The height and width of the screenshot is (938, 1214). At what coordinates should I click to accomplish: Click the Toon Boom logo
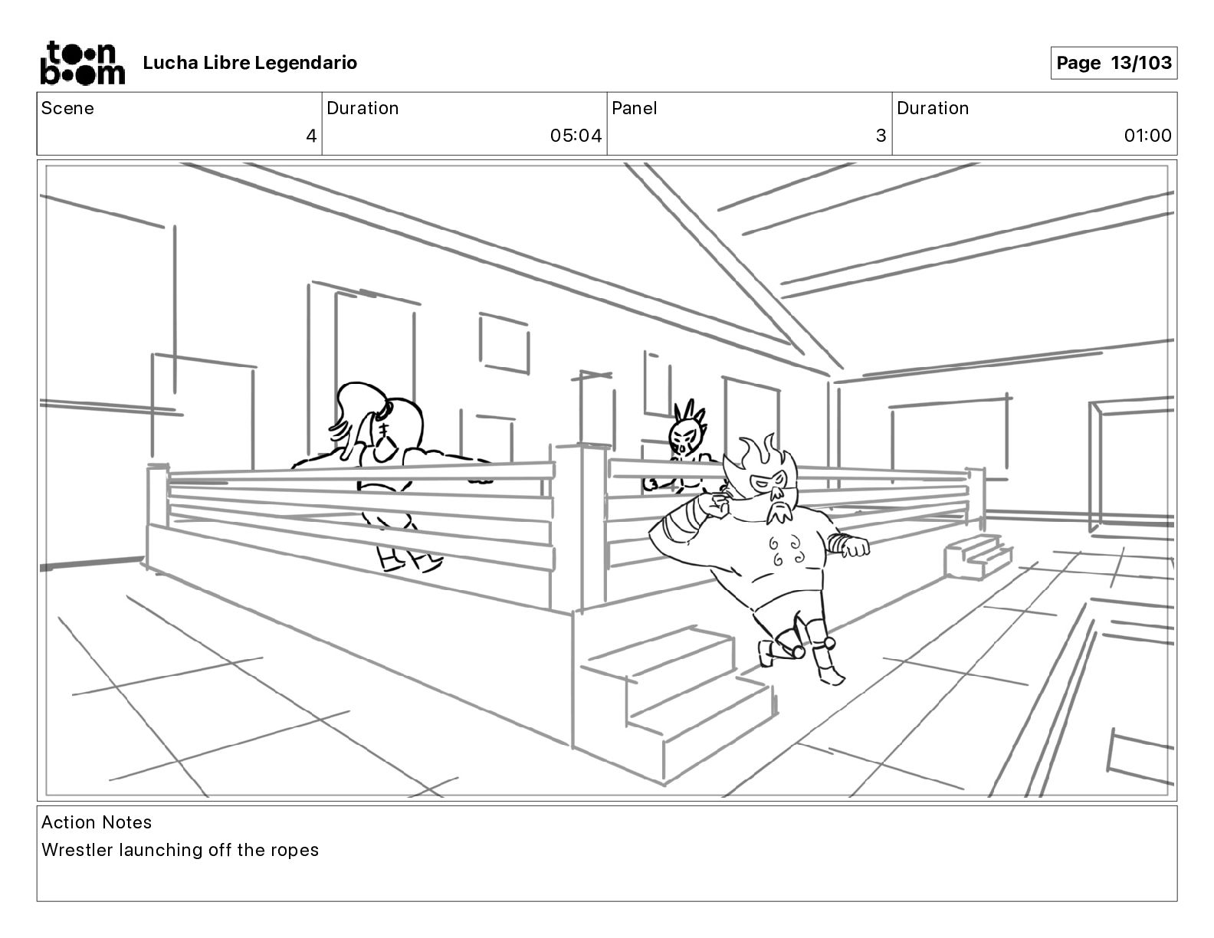click(x=81, y=63)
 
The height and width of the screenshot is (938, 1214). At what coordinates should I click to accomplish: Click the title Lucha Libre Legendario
click(x=250, y=63)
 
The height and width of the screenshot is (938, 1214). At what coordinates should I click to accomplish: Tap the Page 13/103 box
click(x=1113, y=63)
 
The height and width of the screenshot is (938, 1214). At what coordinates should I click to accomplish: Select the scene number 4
click(x=311, y=136)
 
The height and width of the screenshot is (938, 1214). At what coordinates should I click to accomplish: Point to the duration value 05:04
click(x=576, y=136)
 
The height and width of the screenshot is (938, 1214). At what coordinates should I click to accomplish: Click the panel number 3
click(x=881, y=136)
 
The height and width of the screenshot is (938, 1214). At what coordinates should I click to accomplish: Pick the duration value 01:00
click(x=1147, y=136)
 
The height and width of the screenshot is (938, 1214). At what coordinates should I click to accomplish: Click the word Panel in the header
click(x=634, y=108)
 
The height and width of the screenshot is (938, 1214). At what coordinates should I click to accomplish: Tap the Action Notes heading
click(x=97, y=822)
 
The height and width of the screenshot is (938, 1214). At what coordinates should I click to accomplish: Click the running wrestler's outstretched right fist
click(x=856, y=547)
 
